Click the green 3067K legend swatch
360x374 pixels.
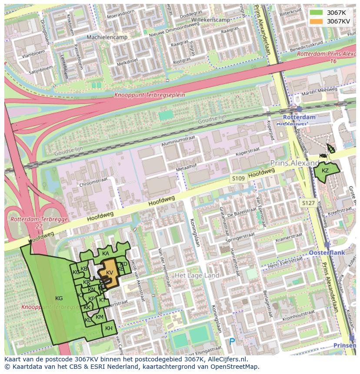tap(316, 13)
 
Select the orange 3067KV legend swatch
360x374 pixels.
tap(316, 21)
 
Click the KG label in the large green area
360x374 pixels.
tap(59, 298)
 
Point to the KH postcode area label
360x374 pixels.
tap(109, 328)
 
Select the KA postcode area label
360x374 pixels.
tap(106, 254)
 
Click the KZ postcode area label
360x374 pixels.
tap(325, 171)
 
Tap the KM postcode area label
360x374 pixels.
tap(100, 317)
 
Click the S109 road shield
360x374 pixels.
tap(238, 179)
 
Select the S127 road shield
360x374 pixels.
tap(308, 203)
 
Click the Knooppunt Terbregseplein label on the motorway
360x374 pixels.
tap(150, 95)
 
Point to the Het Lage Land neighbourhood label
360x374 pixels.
tap(197, 275)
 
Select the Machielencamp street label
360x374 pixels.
tap(107, 37)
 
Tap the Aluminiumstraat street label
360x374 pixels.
tap(178, 141)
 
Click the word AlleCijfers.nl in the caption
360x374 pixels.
tap(227, 359)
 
